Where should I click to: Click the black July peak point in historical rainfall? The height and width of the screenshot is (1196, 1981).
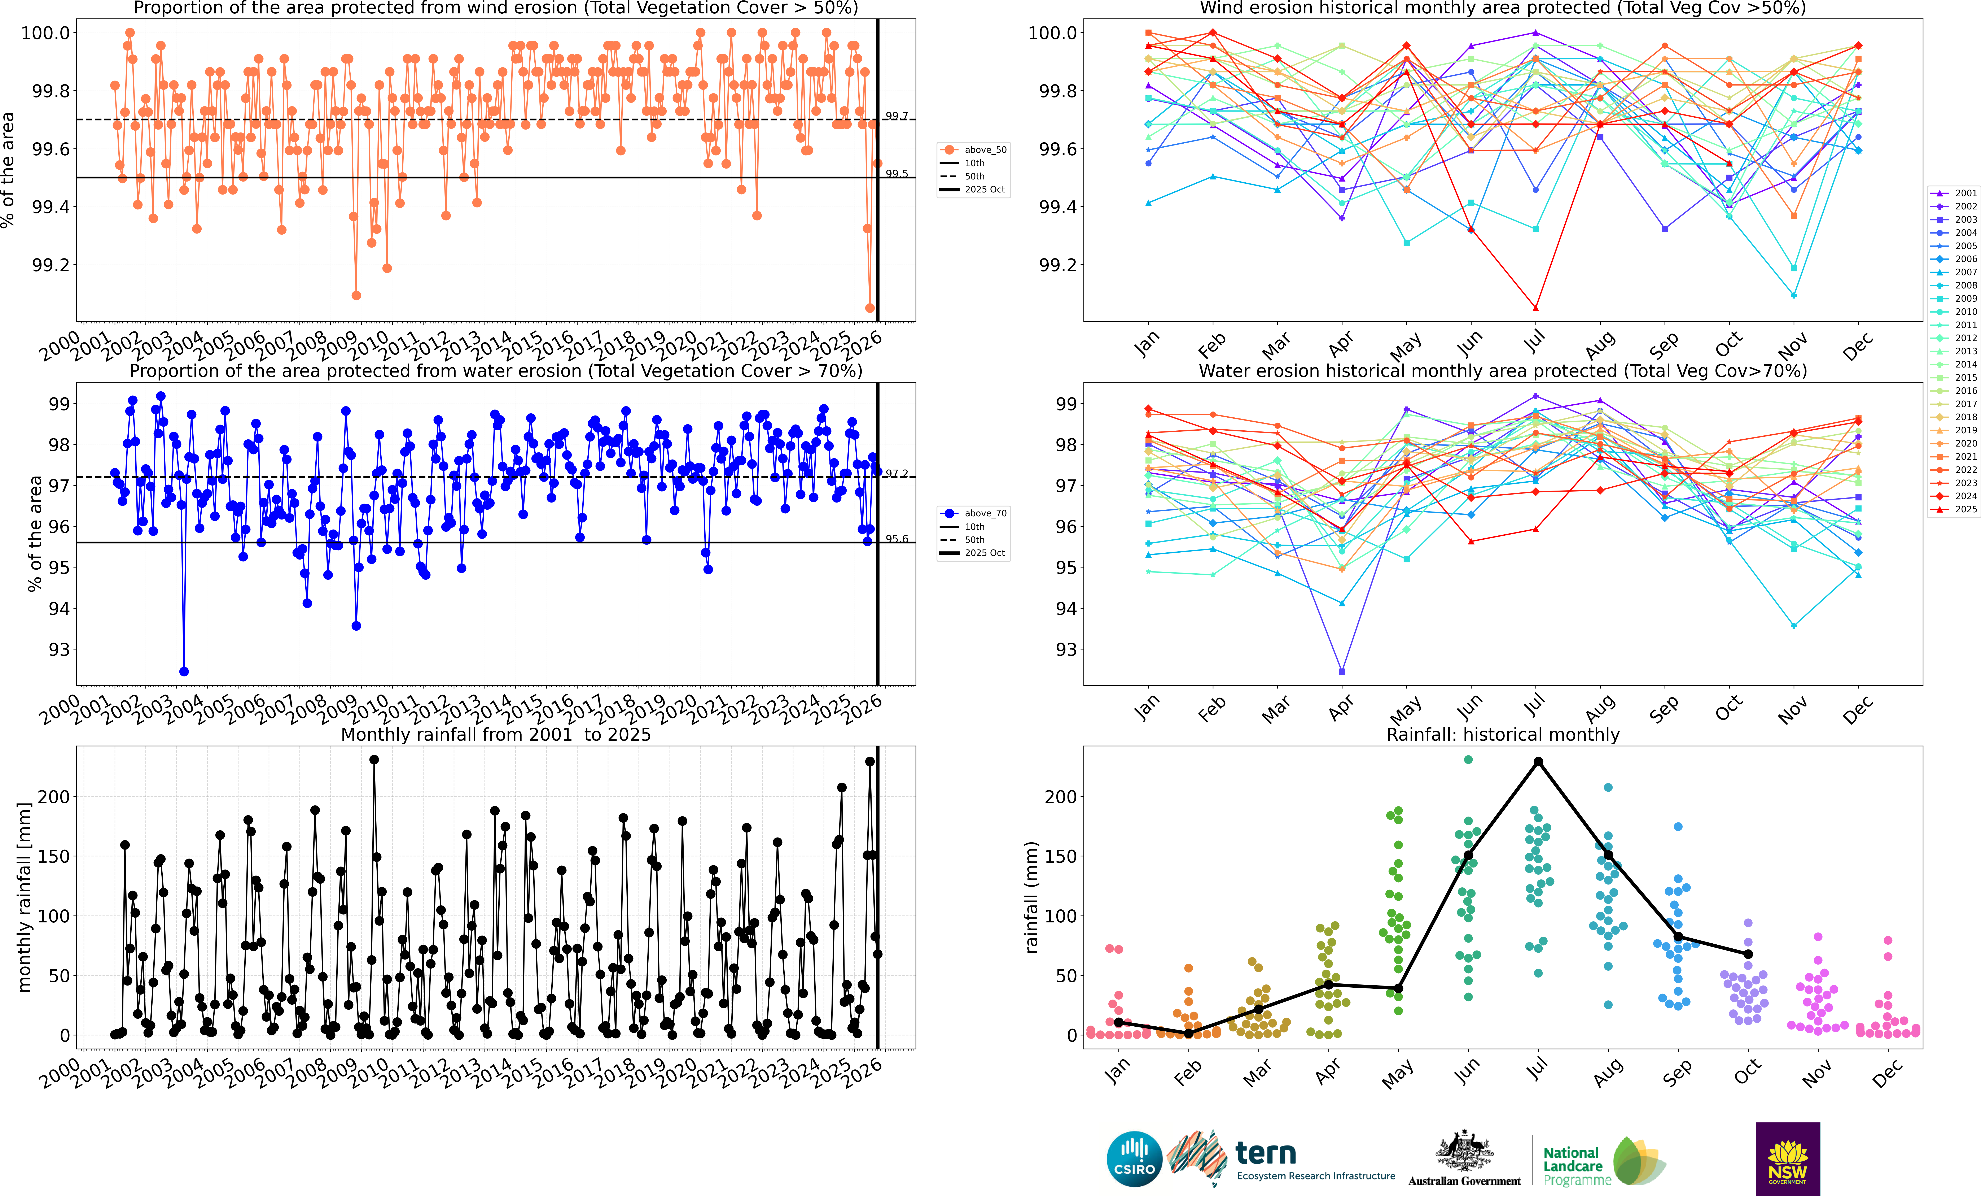click(x=1538, y=762)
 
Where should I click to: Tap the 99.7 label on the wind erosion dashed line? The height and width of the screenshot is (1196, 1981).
click(x=897, y=116)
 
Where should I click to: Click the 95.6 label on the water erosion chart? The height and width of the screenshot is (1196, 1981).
click(x=897, y=539)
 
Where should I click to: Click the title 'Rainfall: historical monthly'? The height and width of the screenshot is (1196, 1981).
click(x=1503, y=734)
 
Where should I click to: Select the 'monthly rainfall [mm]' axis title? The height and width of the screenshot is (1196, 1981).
click(x=24, y=897)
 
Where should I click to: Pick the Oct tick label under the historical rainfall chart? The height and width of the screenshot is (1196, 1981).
click(x=1746, y=1071)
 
